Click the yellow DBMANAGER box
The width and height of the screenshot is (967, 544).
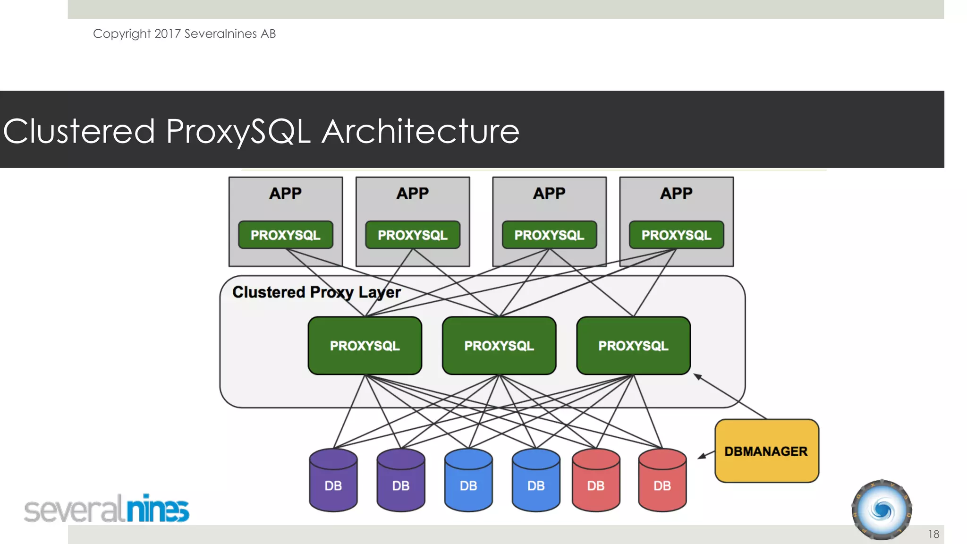pos(766,451)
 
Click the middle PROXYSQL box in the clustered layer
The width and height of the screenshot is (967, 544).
pos(499,346)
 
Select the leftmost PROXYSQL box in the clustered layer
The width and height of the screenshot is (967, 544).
pos(365,346)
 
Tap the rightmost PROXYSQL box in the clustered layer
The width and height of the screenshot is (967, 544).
pos(633,346)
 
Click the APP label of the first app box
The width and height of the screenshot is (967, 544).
pos(285,193)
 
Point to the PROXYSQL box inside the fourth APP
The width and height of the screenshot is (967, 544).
pos(676,235)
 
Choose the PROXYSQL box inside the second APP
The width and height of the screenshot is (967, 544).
pos(412,235)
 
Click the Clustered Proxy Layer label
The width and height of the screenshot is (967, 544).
pos(316,292)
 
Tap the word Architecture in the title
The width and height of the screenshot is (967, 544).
pos(420,131)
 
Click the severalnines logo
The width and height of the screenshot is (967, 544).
pos(107,509)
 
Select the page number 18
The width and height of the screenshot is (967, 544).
pos(933,534)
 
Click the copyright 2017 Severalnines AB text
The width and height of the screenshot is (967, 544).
pos(184,34)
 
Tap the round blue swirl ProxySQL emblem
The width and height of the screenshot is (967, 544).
pos(882,510)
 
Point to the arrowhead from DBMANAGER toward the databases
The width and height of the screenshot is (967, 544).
pos(702,456)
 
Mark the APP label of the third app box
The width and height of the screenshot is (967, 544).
pos(549,193)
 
